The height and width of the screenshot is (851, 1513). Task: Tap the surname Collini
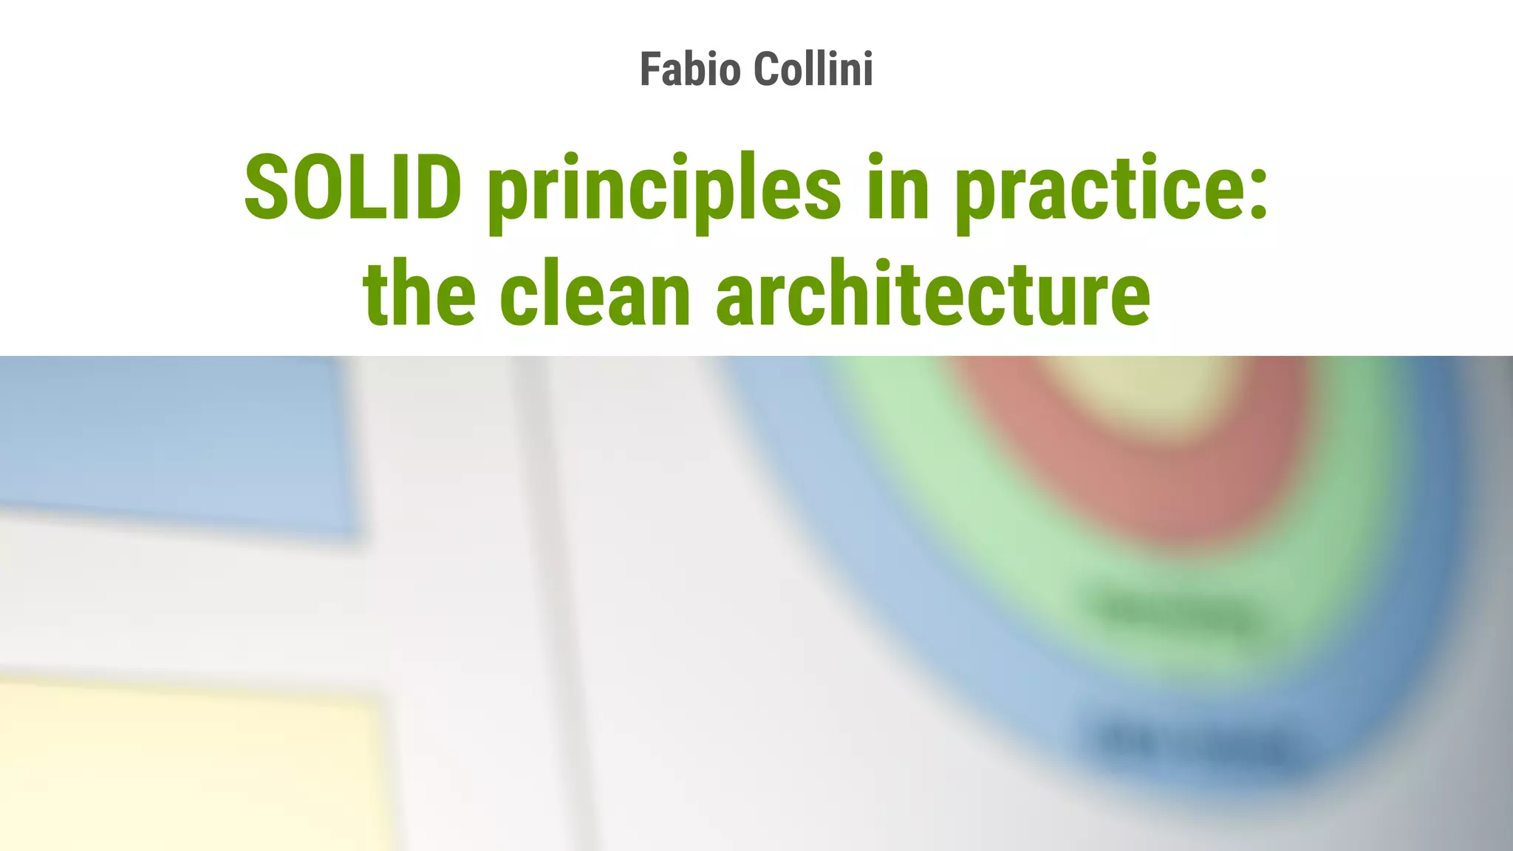[813, 69]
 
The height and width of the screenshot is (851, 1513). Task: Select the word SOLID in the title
[353, 188]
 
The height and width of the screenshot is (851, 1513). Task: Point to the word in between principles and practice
[898, 188]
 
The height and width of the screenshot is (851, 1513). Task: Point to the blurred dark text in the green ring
[1175, 613]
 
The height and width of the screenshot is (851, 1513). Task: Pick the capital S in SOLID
[267, 188]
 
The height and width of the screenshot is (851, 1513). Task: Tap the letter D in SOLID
[435, 188]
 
